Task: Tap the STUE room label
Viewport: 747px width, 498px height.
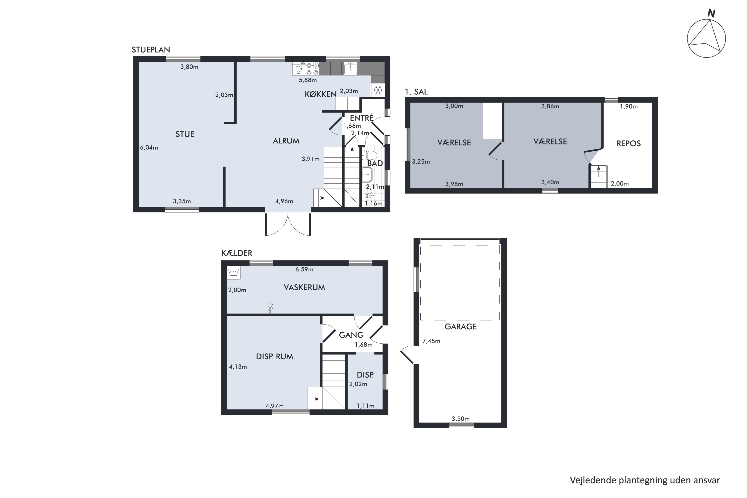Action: tap(185, 134)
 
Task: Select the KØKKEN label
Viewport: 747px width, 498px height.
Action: tap(320, 94)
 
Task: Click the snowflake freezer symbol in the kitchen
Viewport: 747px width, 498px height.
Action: tap(378, 90)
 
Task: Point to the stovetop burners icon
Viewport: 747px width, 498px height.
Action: tap(312, 69)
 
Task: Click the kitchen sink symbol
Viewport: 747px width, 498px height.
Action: tap(351, 68)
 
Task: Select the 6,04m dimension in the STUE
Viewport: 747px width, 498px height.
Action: tap(149, 148)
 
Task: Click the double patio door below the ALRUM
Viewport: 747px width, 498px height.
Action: tap(288, 224)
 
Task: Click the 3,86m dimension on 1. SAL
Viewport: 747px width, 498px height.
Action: tap(550, 106)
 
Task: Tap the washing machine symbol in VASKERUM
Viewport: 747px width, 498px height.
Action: tap(234, 272)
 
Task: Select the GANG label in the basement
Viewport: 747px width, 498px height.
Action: tap(351, 335)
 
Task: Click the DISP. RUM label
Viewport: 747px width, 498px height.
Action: tap(274, 357)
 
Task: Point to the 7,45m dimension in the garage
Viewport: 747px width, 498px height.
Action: tap(431, 341)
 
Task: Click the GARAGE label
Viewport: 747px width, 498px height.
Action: tap(460, 327)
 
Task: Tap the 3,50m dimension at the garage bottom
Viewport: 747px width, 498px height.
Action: tap(460, 419)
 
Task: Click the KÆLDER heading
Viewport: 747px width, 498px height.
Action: tap(237, 253)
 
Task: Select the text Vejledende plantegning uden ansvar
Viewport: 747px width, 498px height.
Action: tap(645, 480)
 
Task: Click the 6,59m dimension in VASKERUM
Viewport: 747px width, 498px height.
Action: tap(304, 270)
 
